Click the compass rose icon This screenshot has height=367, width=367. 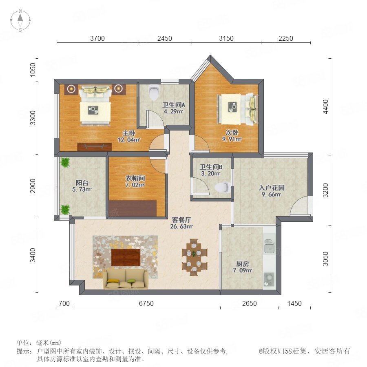tap(20, 20)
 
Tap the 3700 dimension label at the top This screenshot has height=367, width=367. tap(97, 38)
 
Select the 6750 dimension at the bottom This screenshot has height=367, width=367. tap(146, 303)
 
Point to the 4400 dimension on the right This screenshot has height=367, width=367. tap(325, 107)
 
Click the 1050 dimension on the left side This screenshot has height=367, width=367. tap(33, 69)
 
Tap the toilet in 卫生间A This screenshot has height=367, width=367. tap(154, 92)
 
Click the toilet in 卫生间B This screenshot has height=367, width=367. tap(223, 187)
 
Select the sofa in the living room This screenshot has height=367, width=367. tap(126, 279)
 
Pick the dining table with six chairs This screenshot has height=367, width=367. tap(194, 257)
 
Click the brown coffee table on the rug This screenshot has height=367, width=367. tap(126, 257)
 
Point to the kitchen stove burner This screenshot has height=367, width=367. tap(270, 279)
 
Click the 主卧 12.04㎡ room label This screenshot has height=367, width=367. tap(129, 137)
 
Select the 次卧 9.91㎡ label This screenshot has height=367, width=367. tap(232, 136)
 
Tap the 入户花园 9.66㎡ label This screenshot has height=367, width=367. tap(272, 191)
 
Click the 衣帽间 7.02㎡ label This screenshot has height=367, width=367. tap(135, 181)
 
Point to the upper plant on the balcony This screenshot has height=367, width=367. tap(65, 162)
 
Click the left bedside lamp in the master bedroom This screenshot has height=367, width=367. tap(71, 88)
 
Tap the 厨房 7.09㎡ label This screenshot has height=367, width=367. tap(243, 267)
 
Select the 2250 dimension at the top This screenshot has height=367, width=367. tap(285, 38)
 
